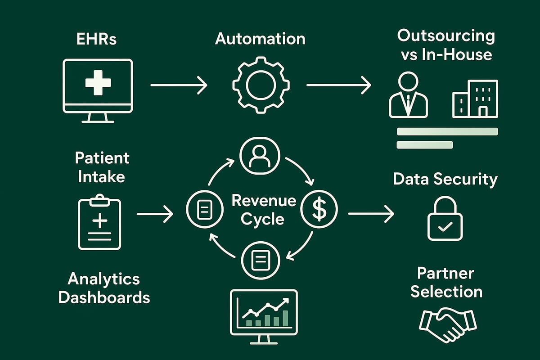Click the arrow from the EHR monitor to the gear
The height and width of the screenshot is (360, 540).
179,85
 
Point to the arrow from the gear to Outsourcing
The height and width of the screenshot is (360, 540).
338,85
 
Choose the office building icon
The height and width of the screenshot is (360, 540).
475,99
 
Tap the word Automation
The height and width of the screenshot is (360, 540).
260,39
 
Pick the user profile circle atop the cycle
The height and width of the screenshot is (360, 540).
260,156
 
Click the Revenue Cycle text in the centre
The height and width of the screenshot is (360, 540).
264,210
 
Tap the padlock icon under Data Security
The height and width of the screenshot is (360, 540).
444,219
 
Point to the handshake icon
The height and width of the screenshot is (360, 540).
447,324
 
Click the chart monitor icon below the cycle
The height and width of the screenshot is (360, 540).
264,312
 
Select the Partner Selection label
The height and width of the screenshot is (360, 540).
446,282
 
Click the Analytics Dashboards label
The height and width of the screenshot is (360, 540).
104,288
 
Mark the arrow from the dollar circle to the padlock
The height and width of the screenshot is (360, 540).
370,214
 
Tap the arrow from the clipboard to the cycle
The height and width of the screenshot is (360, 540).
154,214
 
